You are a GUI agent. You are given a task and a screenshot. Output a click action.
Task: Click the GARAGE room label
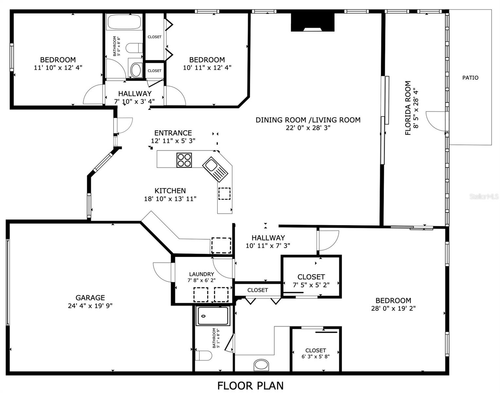[90, 298]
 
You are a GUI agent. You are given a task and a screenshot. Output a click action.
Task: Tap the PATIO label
[470, 78]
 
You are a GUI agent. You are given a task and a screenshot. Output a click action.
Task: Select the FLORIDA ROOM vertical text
[408, 108]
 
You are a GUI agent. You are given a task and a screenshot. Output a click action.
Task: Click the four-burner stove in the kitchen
[184, 160]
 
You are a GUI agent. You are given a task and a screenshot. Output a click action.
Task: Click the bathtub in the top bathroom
[124, 22]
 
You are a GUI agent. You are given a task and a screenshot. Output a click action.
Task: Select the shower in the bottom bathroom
[213, 316]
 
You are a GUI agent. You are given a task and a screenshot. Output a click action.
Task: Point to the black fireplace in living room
[312, 22]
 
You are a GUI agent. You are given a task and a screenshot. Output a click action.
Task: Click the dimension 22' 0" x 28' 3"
[308, 128]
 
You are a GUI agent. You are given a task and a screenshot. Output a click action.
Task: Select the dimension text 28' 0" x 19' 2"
[393, 308]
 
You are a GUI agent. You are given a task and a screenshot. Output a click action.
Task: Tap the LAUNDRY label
[201, 274]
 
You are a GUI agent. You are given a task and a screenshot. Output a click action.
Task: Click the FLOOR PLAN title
[250, 385]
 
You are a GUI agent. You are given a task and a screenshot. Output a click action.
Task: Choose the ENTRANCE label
[173, 133]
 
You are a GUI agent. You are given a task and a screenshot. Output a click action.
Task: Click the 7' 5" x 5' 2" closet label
[311, 285]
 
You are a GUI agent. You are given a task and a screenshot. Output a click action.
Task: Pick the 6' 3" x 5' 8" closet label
[315, 356]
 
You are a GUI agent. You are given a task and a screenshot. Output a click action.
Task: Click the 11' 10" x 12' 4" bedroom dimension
[58, 67]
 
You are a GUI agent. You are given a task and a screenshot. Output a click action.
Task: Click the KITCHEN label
[170, 191]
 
